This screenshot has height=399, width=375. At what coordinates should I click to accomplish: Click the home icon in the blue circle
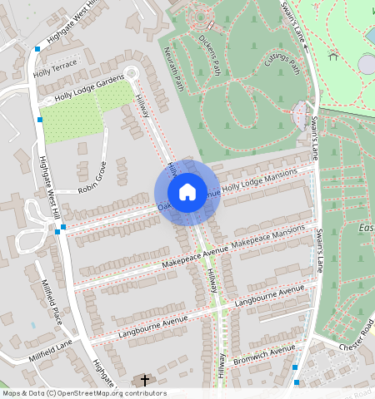(x=187, y=192)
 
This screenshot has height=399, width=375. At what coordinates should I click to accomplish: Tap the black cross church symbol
(x=144, y=381)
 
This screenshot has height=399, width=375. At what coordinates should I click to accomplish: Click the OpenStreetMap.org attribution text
(x=117, y=393)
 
